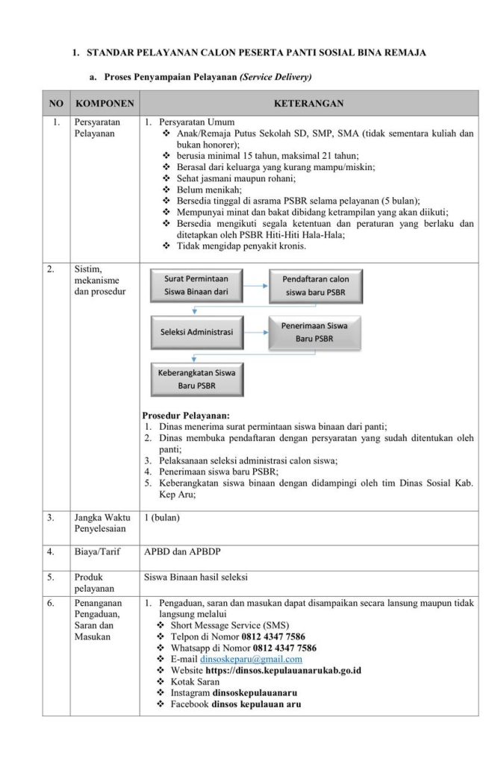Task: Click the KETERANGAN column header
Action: [x=308, y=103]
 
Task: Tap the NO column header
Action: [x=56, y=103]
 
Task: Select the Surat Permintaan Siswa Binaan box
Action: [x=196, y=285]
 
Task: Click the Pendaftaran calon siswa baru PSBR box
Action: [x=315, y=286]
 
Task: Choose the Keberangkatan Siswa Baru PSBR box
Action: [x=196, y=379]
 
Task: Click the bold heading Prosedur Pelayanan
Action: [x=186, y=415]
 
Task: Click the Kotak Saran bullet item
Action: [x=196, y=681]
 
